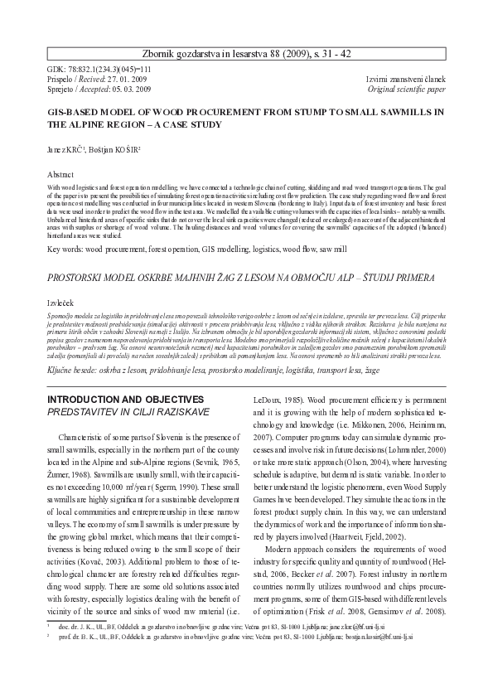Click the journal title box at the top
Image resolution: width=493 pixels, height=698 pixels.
pyautogui.click(x=247, y=53)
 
